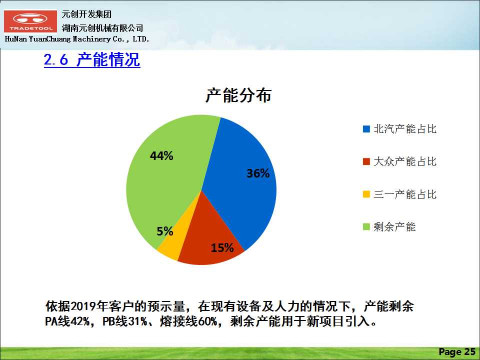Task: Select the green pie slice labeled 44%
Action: [165, 171]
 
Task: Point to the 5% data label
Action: [165, 231]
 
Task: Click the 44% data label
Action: [161, 156]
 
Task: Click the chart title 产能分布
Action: [238, 95]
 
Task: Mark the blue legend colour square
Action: [366, 129]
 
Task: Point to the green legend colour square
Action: [366, 227]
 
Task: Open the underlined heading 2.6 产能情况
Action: [92, 59]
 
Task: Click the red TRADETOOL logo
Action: [30, 21]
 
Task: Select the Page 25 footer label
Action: [457, 351]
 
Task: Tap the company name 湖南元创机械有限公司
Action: [102, 28]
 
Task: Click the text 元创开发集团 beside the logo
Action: [86, 14]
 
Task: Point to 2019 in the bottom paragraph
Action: [83, 306]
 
